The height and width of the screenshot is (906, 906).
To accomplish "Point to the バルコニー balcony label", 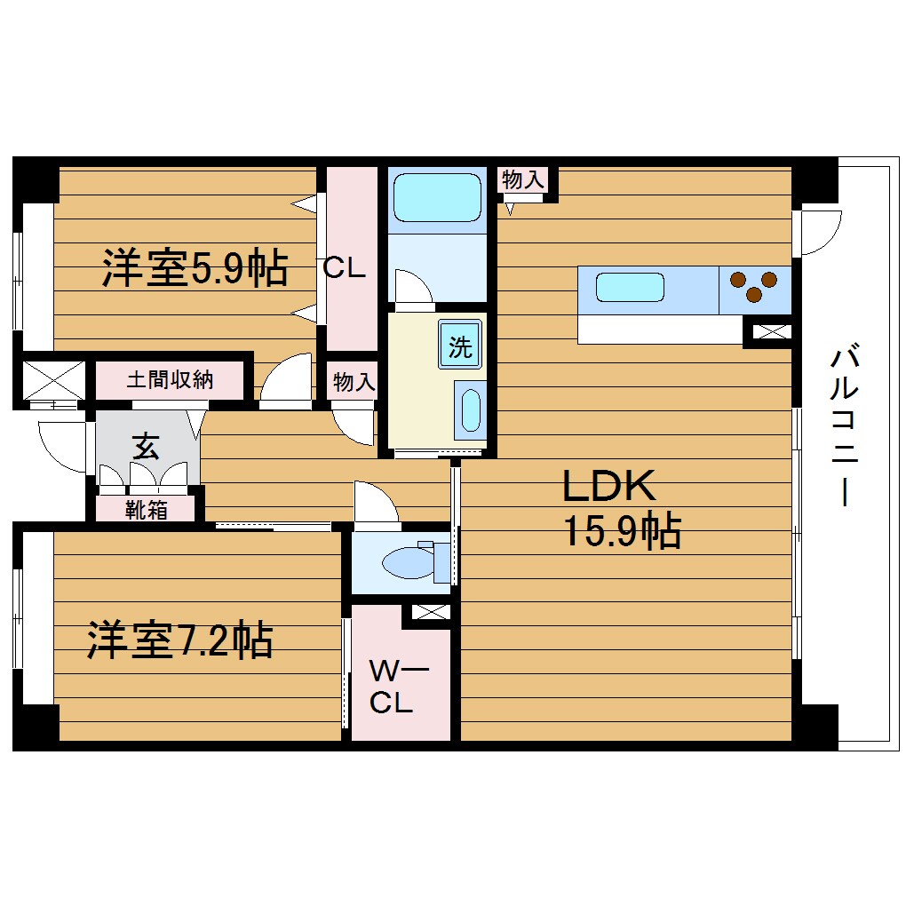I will tap(845, 427).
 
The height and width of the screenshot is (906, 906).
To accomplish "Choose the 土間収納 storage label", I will tap(170, 379).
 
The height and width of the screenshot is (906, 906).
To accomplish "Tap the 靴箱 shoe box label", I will tap(146, 510).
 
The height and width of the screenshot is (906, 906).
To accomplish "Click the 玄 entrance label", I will tap(146, 446).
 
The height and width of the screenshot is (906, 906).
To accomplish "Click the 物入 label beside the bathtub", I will tap(522, 179).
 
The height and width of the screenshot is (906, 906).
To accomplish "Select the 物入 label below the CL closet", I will tap(354, 382).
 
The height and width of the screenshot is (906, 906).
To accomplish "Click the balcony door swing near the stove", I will tap(817, 230).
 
